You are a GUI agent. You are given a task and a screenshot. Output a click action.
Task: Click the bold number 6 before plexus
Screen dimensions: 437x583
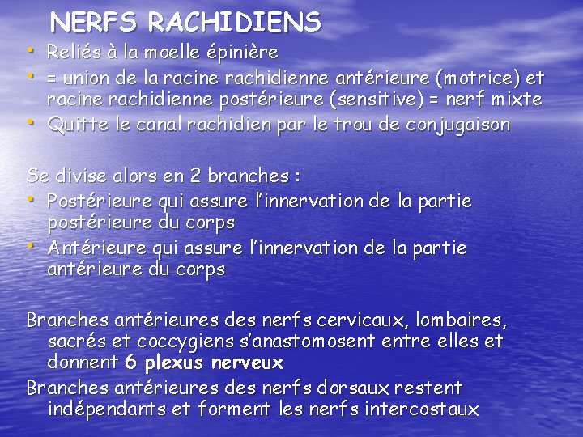131,362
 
